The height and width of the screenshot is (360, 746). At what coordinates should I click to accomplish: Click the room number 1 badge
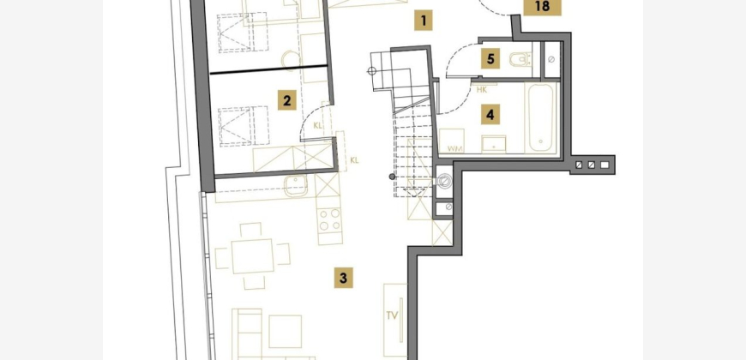tap(423, 21)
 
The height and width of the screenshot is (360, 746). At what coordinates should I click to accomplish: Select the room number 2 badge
tap(287, 100)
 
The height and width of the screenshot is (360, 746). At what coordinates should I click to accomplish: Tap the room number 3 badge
tap(344, 278)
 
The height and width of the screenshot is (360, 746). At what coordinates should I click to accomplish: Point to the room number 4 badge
tap(490, 115)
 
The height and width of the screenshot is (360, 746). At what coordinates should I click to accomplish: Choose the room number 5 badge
tap(490, 59)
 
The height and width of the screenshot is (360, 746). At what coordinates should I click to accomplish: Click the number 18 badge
tap(542, 7)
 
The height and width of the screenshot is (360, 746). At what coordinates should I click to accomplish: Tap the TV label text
tap(392, 315)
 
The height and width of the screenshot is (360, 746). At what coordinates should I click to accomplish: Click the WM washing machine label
tap(454, 149)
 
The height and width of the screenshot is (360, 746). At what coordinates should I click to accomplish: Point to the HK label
tap(482, 89)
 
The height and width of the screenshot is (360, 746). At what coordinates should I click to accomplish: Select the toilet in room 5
tap(520, 60)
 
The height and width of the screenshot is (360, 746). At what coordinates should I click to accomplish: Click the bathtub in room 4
tap(541, 118)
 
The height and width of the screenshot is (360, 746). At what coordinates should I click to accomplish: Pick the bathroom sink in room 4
tap(494, 145)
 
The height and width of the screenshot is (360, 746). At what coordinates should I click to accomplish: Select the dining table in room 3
tap(252, 256)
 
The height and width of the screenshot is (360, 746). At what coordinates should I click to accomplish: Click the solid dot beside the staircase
tap(392, 177)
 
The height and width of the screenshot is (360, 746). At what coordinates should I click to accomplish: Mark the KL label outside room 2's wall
tap(354, 160)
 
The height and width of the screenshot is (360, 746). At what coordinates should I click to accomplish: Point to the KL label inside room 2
tap(318, 126)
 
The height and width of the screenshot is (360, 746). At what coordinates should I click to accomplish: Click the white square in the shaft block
tap(605, 165)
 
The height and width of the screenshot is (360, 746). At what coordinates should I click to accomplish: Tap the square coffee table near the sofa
tap(285, 332)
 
